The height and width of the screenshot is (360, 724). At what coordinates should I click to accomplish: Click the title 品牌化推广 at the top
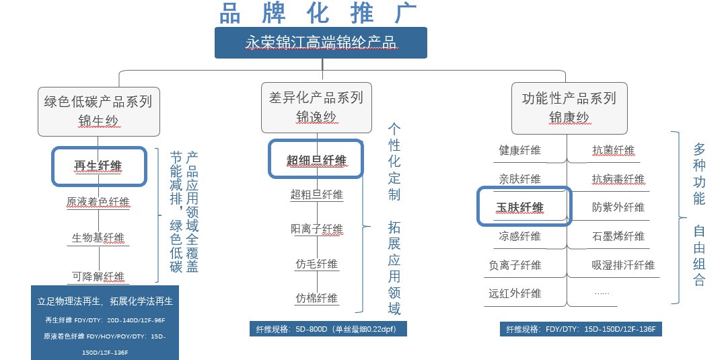coord(318,13)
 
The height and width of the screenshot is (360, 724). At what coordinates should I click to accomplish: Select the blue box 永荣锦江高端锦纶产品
coord(320,42)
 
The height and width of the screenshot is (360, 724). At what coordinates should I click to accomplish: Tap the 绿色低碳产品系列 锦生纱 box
coord(98,110)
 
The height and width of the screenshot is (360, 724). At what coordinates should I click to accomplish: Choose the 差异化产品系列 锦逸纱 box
coord(316,107)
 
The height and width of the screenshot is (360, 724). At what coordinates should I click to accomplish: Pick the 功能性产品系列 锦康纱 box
coord(569,107)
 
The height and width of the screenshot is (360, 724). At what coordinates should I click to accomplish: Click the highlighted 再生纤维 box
coord(98,166)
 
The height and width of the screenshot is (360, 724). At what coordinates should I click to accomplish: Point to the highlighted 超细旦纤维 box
coord(316,159)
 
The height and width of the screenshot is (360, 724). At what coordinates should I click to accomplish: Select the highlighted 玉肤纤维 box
coord(524,207)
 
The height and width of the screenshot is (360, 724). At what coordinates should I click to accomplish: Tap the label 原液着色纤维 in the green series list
coord(98,202)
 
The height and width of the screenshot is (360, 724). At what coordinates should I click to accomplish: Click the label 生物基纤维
coord(98,238)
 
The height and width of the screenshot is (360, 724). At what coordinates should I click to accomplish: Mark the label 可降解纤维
coord(98,276)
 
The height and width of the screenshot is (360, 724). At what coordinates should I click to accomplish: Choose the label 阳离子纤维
coord(316,229)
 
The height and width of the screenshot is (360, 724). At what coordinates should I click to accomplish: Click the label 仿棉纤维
coord(316,297)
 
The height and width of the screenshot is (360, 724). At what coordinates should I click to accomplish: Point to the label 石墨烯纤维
coord(618,236)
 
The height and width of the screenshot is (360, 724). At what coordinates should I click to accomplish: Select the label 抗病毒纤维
coord(618,179)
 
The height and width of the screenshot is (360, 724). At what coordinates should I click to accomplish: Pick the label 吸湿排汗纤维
coord(623,265)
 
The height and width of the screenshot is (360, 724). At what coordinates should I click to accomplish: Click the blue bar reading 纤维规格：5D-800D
coord(329,329)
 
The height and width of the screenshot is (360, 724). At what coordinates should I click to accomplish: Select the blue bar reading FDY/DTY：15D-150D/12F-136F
coord(582,329)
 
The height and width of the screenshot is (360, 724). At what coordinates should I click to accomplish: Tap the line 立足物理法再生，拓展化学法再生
coord(105,301)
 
